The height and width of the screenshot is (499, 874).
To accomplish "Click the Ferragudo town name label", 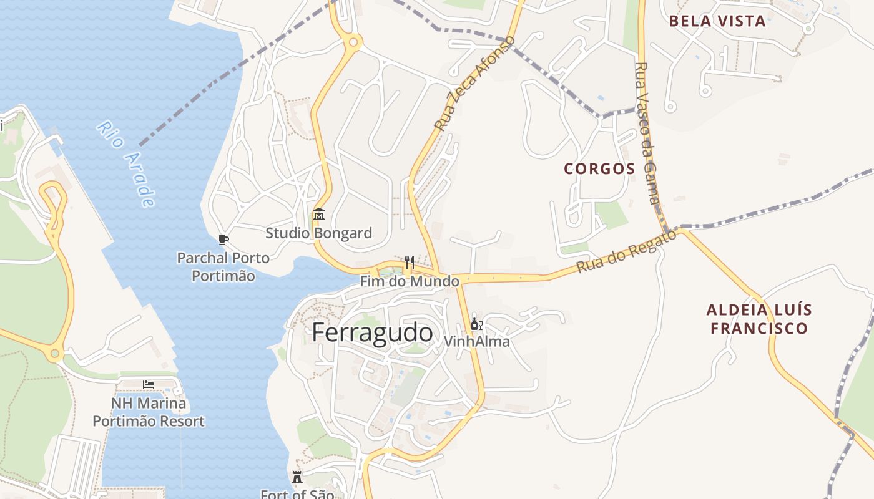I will [372, 332].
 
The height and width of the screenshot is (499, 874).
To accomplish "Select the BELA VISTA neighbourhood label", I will [717, 21].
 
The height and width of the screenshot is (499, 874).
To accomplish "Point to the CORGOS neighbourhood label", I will [599, 168].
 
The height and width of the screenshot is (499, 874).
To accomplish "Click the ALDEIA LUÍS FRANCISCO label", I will [759, 319].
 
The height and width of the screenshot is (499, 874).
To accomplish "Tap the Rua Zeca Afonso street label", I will [475, 83].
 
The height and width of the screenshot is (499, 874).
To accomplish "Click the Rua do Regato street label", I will [626, 252].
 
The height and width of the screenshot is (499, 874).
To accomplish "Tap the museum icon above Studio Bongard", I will [319, 215].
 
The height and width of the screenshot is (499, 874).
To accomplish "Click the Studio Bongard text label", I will [319, 233].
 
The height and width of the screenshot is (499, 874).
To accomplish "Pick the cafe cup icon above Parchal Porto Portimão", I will [223, 240].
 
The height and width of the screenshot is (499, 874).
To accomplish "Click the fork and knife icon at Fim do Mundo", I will [410, 262].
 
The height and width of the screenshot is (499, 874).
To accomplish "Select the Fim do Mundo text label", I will [410, 281].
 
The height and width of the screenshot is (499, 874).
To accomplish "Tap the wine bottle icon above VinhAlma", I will [476, 324].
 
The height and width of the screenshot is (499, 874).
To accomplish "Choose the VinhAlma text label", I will [476, 342].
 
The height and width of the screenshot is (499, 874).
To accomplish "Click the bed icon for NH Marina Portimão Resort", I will [149, 384].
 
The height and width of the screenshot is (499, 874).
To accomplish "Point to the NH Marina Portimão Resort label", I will [149, 412].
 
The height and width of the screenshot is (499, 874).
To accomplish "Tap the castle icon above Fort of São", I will [297, 477].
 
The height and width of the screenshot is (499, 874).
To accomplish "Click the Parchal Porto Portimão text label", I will [223, 267].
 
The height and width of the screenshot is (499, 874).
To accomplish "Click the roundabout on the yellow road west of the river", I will [55, 354].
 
